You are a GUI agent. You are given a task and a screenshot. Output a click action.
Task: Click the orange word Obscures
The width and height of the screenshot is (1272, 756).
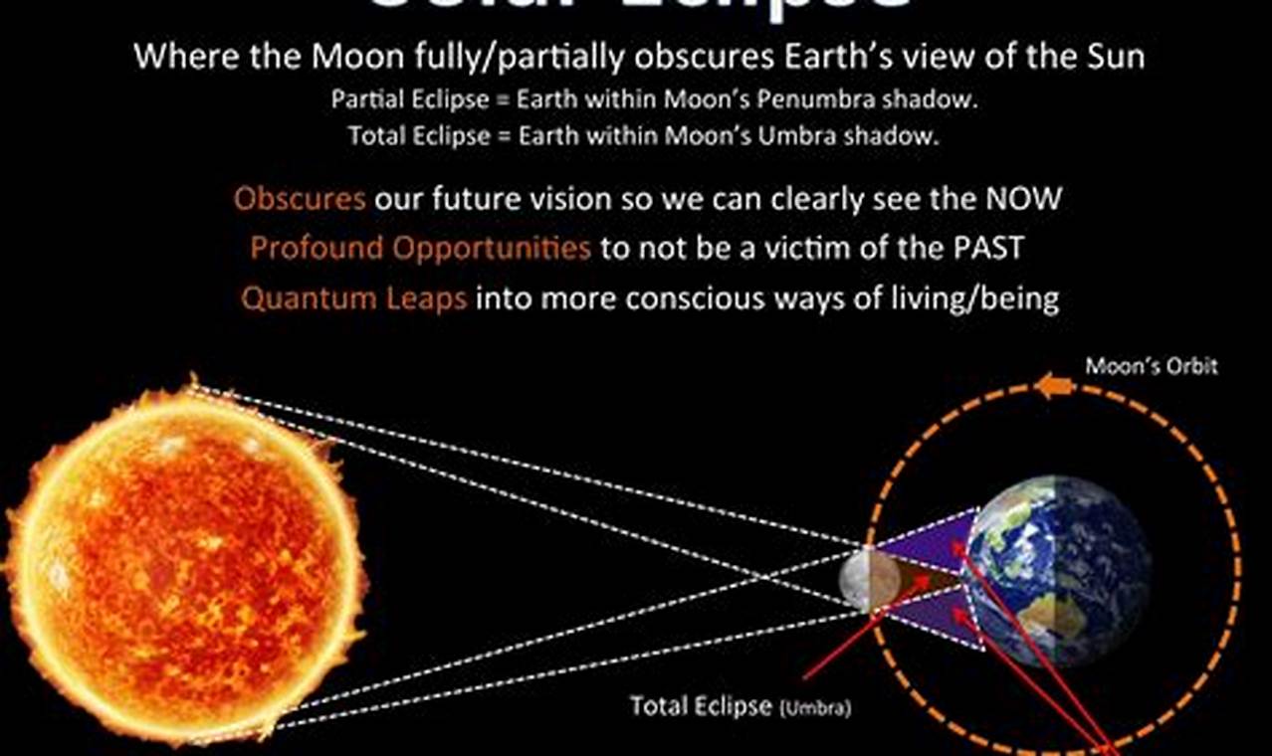(x=300, y=199)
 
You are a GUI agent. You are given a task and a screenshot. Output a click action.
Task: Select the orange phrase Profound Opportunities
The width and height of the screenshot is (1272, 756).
(x=420, y=248)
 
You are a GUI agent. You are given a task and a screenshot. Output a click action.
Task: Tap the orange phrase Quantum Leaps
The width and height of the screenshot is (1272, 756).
(x=353, y=298)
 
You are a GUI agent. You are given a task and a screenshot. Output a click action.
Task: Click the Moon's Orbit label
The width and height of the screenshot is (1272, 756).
(x=1151, y=366)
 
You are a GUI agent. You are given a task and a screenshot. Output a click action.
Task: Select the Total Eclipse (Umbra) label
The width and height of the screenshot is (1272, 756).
(x=739, y=706)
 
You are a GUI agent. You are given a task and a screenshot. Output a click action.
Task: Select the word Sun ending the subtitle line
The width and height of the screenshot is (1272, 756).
(x=1114, y=56)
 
